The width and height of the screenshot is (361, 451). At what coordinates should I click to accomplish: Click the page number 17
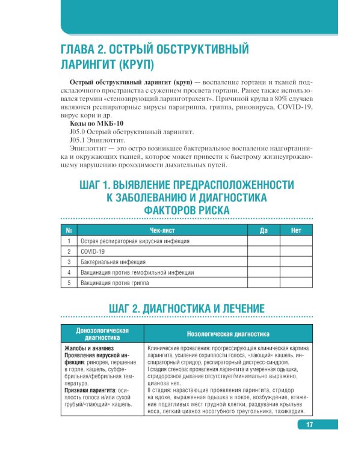[309, 425]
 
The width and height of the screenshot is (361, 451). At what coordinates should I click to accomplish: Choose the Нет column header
[296, 230]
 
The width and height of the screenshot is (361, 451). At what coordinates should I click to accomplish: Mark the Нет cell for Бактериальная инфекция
[296, 262]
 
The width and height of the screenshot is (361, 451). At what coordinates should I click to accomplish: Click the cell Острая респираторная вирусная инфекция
[135, 241]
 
